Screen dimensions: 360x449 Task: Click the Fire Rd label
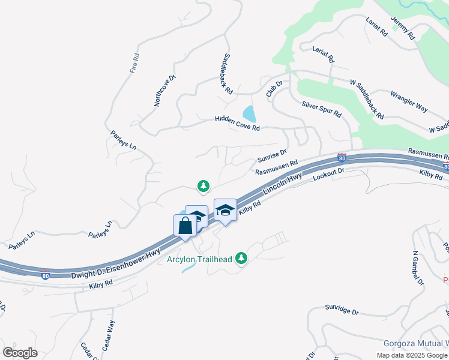click(135, 64)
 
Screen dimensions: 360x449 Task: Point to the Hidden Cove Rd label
click(237, 124)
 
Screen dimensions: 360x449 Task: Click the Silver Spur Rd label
click(321, 109)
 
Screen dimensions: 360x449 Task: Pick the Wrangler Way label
click(409, 101)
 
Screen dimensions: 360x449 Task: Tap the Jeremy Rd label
click(403, 28)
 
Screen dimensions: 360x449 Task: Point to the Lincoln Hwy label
click(282, 187)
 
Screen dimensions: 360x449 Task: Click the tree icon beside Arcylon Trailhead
click(241, 258)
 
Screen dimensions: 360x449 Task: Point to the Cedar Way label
click(110, 335)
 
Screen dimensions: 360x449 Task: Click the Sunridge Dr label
click(342, 312)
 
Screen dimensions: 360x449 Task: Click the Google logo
click(20, 353)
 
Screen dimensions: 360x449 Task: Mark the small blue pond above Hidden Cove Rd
click(249, 113)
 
